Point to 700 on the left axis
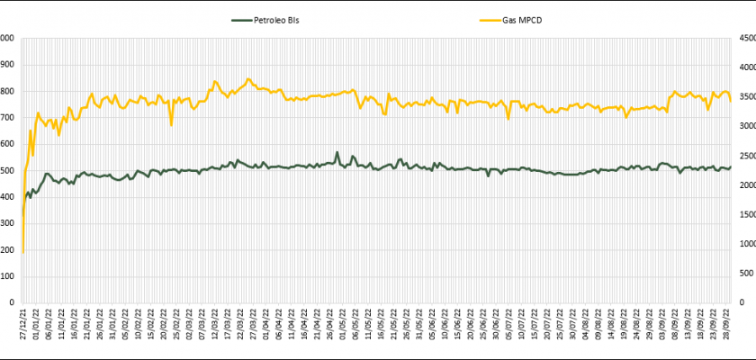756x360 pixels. pos(7,118)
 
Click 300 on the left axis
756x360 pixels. pos(7,223)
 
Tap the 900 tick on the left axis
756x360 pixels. pos(7,65)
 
